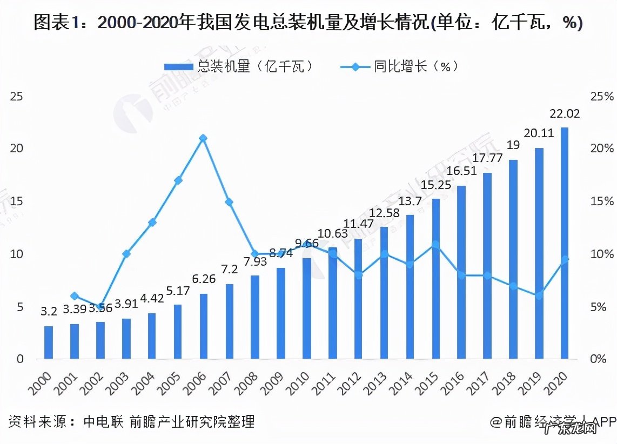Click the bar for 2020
[x=565, y=243]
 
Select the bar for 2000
[x=49, y=342]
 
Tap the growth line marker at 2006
[x=203, y=138]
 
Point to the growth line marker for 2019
[x=539, y=295]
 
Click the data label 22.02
[x=564, y=114]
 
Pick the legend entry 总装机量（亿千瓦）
[x=238, y=66]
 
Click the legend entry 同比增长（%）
[x=400, y=66]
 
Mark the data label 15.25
[x=436, y=185]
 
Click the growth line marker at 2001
[x=75, y=295]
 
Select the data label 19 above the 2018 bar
[x=513, y=145]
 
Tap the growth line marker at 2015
[x=435, y=245]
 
